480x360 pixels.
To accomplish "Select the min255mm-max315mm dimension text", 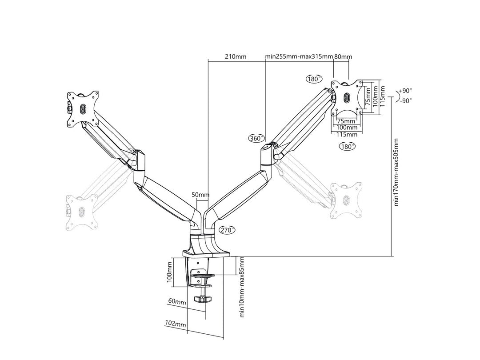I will click(299, 56).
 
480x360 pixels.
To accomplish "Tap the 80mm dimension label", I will click(343, 56).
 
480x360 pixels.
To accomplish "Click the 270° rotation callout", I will click(227, 230).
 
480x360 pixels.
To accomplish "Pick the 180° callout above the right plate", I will click(314, 79).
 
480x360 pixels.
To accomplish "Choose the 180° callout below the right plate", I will click(347, 146).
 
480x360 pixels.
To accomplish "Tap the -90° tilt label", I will click(405, 100).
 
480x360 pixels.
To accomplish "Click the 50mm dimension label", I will click(200, 195).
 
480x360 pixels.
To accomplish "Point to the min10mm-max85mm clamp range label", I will click(243, 286).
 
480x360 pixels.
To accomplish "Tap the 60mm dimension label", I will click(177, 302).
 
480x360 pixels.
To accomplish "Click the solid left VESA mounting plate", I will click(82, 109).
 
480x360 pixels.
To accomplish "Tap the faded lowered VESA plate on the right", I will click(347, 200).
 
